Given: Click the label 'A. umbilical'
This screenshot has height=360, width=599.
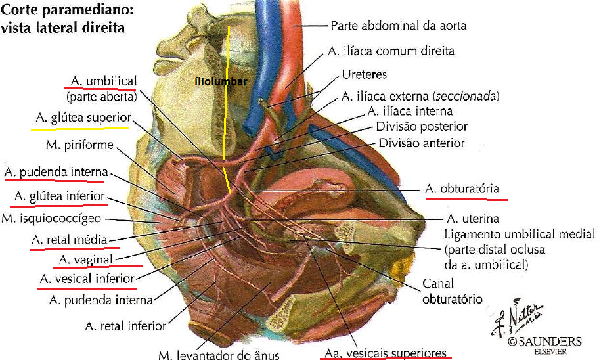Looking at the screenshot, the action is [102, 81].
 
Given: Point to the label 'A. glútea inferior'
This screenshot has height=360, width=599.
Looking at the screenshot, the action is [58, 196].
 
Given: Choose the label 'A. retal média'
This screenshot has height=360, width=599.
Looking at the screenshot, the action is [69, 240].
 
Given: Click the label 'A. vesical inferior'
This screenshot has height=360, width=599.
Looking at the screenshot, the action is [87, 279].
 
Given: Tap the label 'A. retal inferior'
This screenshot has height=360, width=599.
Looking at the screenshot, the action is [125, 325].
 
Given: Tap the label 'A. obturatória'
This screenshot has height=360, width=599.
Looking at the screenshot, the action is [466, 189].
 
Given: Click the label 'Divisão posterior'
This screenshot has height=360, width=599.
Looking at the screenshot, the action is [422, 127].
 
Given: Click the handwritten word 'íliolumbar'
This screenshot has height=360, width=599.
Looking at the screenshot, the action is [220, 82].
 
